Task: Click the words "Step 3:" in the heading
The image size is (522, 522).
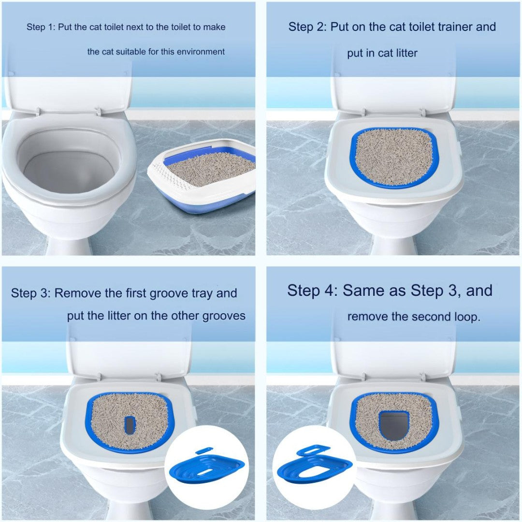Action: point(30,293)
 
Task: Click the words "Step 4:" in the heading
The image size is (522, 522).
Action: point(313,290)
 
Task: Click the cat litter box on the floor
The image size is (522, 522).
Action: point(202,175)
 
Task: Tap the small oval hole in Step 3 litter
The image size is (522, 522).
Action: point(130,425)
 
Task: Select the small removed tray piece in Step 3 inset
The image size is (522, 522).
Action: point(204,450)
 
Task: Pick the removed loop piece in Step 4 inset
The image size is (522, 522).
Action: point(313,450)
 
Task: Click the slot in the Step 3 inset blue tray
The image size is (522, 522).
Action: point(207,470)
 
